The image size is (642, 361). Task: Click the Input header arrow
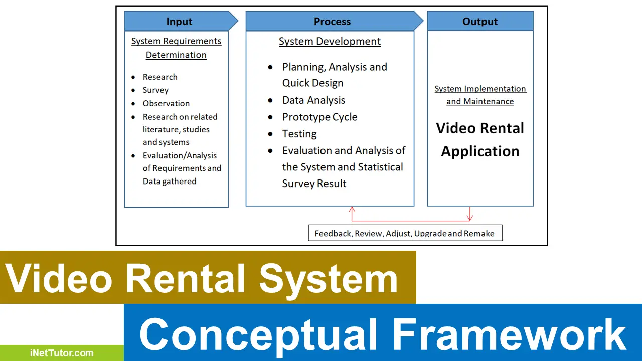point(180,22)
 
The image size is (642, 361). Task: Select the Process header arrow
point(332,22)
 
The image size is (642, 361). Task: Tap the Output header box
point(480,22)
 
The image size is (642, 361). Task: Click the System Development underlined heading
point(330,42)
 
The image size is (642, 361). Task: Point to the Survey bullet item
point(155,90)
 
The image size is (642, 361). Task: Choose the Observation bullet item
point(166,104)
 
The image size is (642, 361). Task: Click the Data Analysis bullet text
point(313,100)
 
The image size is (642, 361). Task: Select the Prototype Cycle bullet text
point(319,117)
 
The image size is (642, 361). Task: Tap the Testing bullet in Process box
point(299,134)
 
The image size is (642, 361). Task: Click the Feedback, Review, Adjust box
point(405,233)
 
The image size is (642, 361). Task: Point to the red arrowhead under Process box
point(352,210)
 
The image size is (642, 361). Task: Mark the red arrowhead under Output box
point(470,217)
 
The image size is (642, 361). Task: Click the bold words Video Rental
point(480,128)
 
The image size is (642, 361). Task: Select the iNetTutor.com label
point(62,353)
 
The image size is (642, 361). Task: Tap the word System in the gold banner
point(329,278)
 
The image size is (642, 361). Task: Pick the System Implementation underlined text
point(480,89)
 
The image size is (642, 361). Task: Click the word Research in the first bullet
point(160,77)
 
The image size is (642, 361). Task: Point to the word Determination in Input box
point(176,55)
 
